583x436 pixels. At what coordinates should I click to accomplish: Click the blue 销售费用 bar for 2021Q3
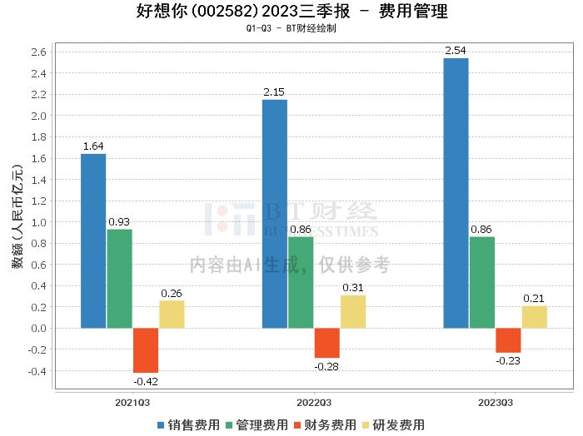[x=93, y=240]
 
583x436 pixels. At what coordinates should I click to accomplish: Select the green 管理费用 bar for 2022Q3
[x=301, y=282]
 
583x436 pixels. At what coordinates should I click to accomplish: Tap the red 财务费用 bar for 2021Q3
[x=146, y=350]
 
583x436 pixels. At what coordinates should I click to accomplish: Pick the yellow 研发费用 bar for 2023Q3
[x=535, y=317]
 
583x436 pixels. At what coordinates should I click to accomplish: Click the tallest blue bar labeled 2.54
[x=456, y=193]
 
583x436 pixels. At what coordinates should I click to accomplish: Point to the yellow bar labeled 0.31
[x=353, y=311]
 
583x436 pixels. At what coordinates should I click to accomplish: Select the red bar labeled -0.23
[x=508, y=340]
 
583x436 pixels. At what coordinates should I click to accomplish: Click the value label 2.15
[x=274, y=91]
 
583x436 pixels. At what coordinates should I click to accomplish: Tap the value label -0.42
[x=146, y=381]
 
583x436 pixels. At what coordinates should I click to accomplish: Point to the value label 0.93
[x=119, y=221]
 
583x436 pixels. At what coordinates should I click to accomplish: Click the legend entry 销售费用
[x=189, y=424]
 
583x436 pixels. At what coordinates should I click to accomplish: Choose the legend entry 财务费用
[x=324, y=424]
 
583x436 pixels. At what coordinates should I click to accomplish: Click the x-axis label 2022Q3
[x=314, y=402]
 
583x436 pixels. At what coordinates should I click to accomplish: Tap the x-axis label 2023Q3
[x=495, y=402]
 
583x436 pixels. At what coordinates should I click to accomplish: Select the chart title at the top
[x=291, y=12]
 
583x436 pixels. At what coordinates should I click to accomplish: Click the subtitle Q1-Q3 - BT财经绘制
[x=291, y=28]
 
